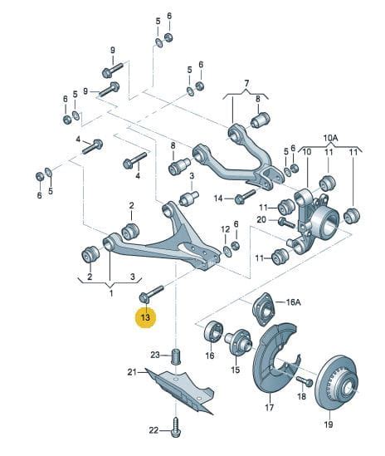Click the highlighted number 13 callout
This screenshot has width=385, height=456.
(145, 317)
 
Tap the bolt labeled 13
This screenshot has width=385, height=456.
(151, 294)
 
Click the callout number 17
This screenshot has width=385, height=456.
(270, 407)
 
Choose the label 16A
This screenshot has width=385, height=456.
(293, 302)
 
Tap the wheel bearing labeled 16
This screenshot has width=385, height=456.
(213, 331)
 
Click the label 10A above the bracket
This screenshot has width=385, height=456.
(331, 138)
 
